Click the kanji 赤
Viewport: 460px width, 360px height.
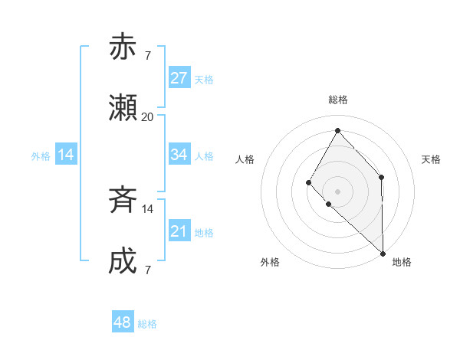point(123,47)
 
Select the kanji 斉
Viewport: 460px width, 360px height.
point(123,201)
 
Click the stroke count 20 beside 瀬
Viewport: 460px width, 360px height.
point(147,117)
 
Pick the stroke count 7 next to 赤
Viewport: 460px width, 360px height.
point(147,55)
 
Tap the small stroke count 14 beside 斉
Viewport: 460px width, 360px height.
point(147,208)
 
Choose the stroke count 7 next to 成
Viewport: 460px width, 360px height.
point(147,270)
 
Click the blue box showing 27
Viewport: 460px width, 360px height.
point(179,78)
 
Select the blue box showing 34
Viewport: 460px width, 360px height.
point(179,155)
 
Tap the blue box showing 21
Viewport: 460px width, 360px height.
point(179,231)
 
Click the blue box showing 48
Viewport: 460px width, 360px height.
point(123,322)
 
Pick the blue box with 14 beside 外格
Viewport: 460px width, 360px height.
point(66,155)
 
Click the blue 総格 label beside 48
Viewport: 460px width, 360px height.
point(147,324)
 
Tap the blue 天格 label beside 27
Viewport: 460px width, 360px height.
point(204,80)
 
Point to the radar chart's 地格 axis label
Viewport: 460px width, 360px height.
point(402,262)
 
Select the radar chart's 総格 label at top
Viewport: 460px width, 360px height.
point(337,100)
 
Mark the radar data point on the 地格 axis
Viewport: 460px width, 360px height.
point(383,254)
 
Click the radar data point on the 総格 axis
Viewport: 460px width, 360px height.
point(337,129)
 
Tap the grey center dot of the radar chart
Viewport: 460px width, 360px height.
point(337,191)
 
